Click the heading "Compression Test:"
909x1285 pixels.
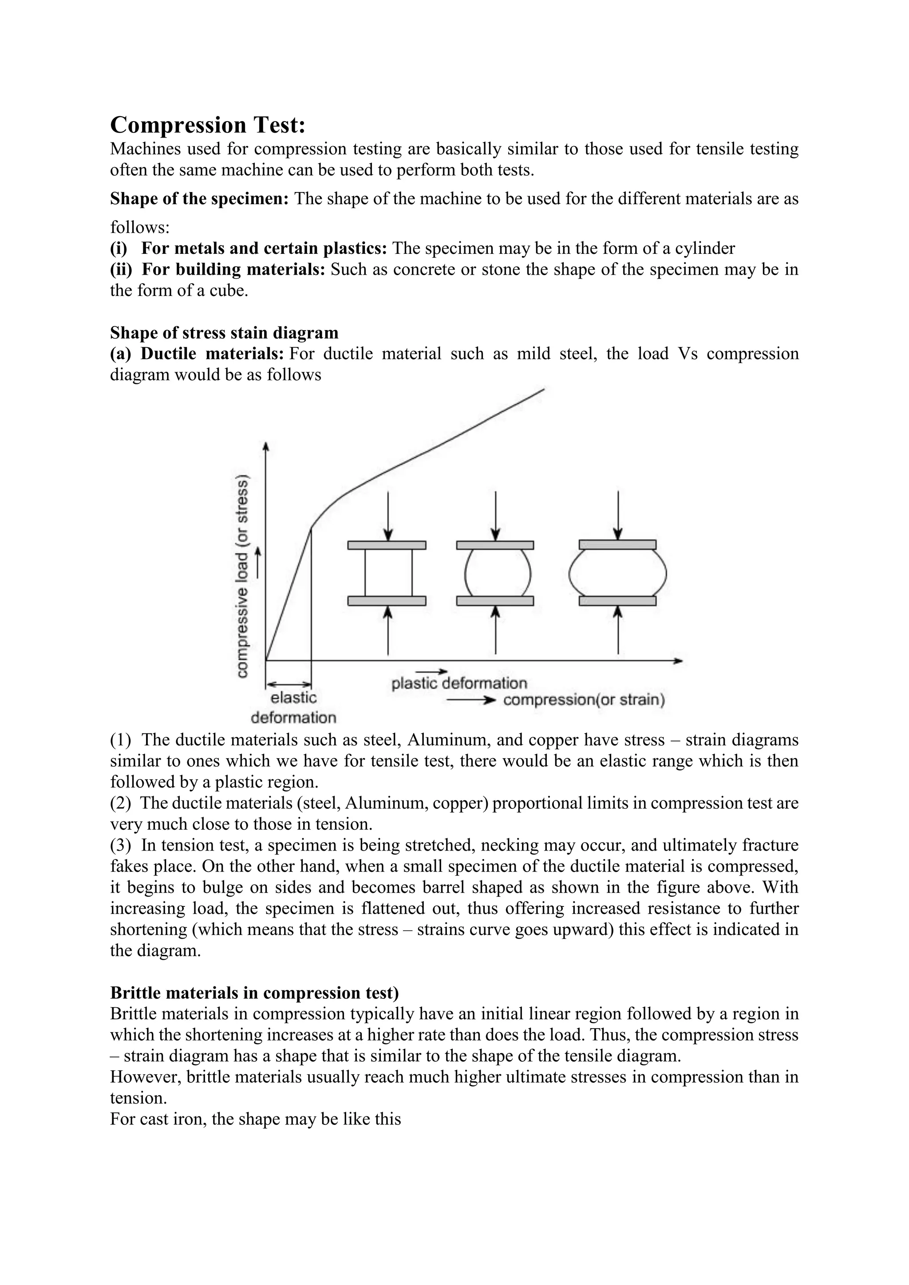tap(208, 125)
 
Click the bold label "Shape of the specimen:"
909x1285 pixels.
tap(199, 199)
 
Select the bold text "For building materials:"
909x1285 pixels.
tap(233, 269)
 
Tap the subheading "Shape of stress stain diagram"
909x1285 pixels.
tap(224, 332)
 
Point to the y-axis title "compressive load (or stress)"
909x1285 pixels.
tap(242, 576)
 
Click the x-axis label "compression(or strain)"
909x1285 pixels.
tap(584, 700)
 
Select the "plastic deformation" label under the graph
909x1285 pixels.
tap(459, 683)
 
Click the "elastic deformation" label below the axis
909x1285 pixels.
tap(293, 707)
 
